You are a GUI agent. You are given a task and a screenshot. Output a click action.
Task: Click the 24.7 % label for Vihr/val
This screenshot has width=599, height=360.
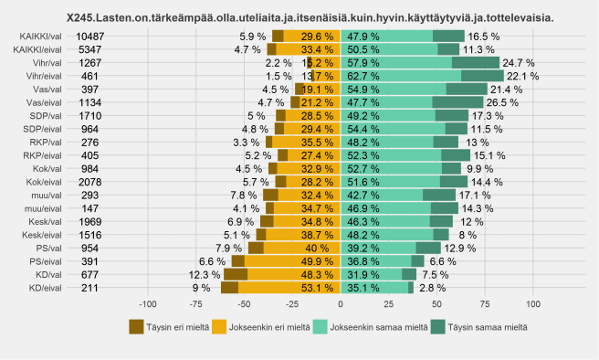(x=519, y=62)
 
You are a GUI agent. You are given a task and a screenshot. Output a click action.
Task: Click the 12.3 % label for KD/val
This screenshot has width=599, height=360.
(x=205, y=274)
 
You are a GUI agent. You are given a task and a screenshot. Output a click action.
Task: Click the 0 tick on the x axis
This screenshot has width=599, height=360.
(x=340, y=303)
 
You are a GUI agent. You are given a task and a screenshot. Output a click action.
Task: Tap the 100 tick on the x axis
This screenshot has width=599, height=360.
(x=534, y=303)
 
